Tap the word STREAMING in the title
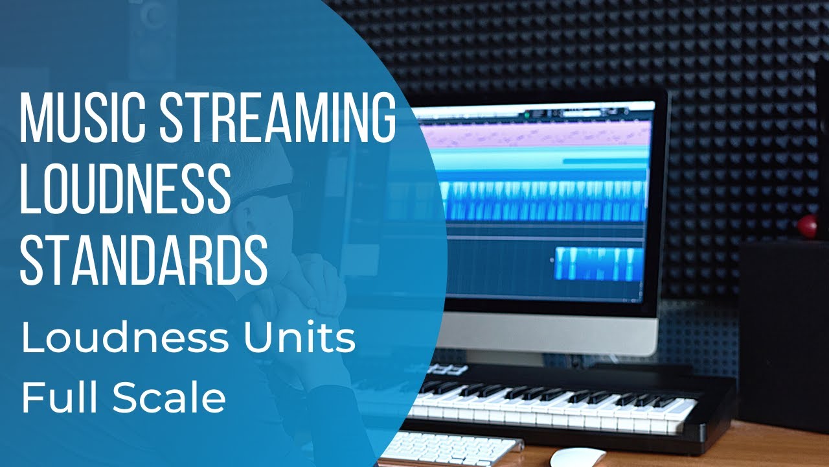(x=277, y=119)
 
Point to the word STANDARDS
(x=144, y=258)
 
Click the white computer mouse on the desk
(x=577, y=457)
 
